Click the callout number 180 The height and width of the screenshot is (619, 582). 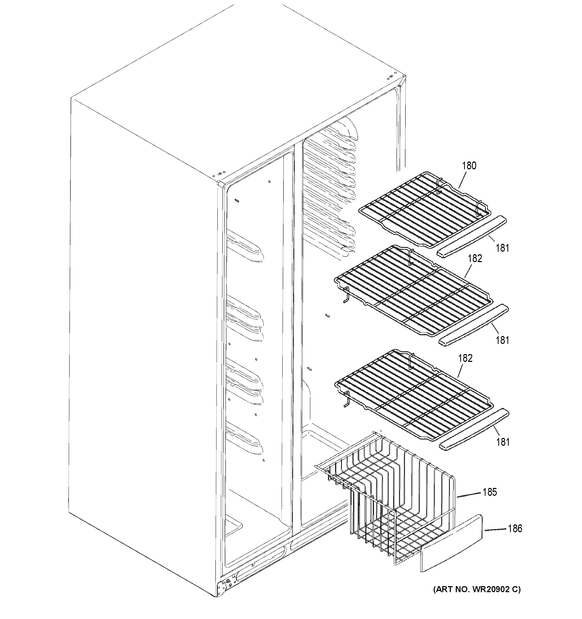(x=469, y=166)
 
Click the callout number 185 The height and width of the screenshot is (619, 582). (x=489, y=492)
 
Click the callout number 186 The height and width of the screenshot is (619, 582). (x=515, y=528)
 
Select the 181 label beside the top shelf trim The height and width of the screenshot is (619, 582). (x=502, y=248)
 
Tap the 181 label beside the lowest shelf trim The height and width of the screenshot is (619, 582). (x=502, y=442)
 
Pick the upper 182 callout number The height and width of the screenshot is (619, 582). (x=475, y=258)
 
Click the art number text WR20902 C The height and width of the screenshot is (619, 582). (x=477, y=589)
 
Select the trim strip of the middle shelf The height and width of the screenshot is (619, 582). (x=474, y=325)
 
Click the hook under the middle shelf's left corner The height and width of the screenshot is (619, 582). (x=345, y=295)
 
